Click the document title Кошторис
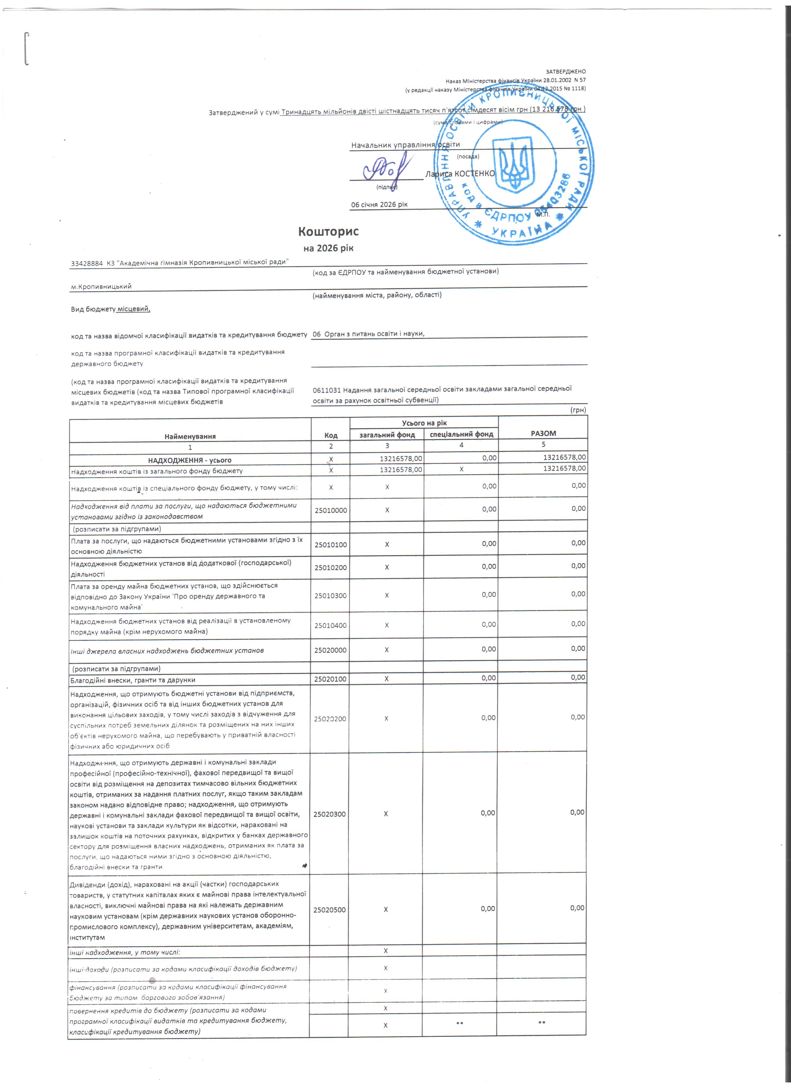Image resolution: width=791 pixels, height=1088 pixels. tap(328, 232)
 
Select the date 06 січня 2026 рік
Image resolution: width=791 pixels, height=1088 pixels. tap(379, 204)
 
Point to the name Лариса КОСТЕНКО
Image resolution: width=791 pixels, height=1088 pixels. tap(459, 174)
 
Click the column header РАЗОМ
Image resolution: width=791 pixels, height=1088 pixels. tap(543, 433)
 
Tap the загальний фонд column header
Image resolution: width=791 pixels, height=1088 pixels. tap(387, 434)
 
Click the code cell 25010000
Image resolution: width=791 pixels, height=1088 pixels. tap(330, 511)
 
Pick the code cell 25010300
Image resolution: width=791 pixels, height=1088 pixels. tap(330, 595)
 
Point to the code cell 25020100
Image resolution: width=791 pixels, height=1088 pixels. tap(330, 679)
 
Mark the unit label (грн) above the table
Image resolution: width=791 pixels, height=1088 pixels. tap(578, 410)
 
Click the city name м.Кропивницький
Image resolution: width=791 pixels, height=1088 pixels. tap(101, 286)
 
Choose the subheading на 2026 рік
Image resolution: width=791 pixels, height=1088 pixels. tap(328, 248)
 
